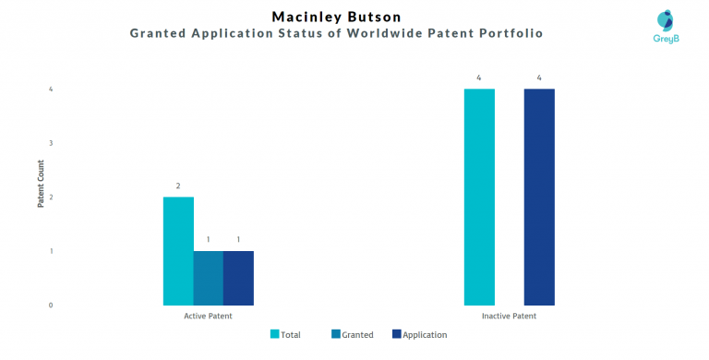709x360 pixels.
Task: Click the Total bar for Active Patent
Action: pyautogui.click(x=178, y=251)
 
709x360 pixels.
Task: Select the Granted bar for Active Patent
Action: pyautogui.click(x=208, y=278)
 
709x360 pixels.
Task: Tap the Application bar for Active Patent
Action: pyautogui.click(x=238, y=278)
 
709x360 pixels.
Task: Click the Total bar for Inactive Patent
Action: pyautogui.click(x=479, y=197)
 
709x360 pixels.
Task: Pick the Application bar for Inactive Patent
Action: pyautogui.click(x=539, y=197)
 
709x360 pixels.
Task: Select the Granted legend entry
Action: pyautogui.click(x=351, y=335)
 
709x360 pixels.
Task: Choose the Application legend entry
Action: pyautogui.click(x=419, y=335)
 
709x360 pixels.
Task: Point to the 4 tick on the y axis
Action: pyautogui.click(x=51, y=90)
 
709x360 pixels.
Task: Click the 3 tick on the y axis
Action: pyautogui.click(x=51, y=143)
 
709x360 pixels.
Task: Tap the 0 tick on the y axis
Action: pyautogui.click(x=51, y=305)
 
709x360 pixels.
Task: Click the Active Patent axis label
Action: pyautogui.click(x=208, y=317)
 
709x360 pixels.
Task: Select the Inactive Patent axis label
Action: pyautogui.click(x=509, y=317)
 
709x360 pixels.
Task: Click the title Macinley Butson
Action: pyautogui.click(x=337, y=17)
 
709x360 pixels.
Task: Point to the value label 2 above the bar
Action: pyautogui.click(x=178, y=186)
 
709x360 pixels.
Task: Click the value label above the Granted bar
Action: pyautogui.click(x=208, y=240)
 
